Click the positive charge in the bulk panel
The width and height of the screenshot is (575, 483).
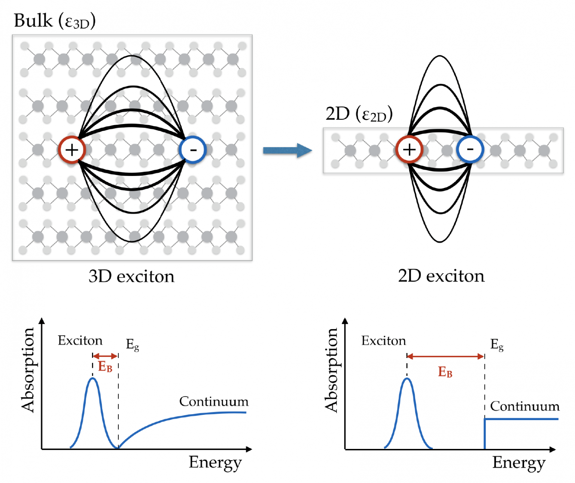(72, 150)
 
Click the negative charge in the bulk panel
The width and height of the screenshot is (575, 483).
(193, 150)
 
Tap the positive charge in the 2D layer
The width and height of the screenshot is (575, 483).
(409, 149)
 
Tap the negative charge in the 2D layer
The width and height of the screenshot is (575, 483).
(470, 149)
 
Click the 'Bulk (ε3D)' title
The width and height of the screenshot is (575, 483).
(55, 21)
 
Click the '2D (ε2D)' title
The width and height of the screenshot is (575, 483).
(359, 114)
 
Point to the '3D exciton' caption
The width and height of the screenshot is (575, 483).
(131, 277)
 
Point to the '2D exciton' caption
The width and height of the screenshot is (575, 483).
(441, 276)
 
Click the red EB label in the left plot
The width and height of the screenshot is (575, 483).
(105, 367)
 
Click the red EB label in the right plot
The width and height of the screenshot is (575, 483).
(445, 372)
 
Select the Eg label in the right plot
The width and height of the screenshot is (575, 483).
(497, 345)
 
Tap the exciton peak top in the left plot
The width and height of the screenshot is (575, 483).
(92, 379)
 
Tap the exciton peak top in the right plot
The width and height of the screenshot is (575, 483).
(407, 379)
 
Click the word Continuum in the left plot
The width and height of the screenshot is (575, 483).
(214, 401)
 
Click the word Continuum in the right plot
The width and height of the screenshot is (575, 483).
(525, 406)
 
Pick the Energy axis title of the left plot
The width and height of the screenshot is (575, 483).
(215, 463)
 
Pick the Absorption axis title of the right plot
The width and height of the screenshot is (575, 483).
(331, 370)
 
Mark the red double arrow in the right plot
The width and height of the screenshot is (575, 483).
(445, 356)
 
